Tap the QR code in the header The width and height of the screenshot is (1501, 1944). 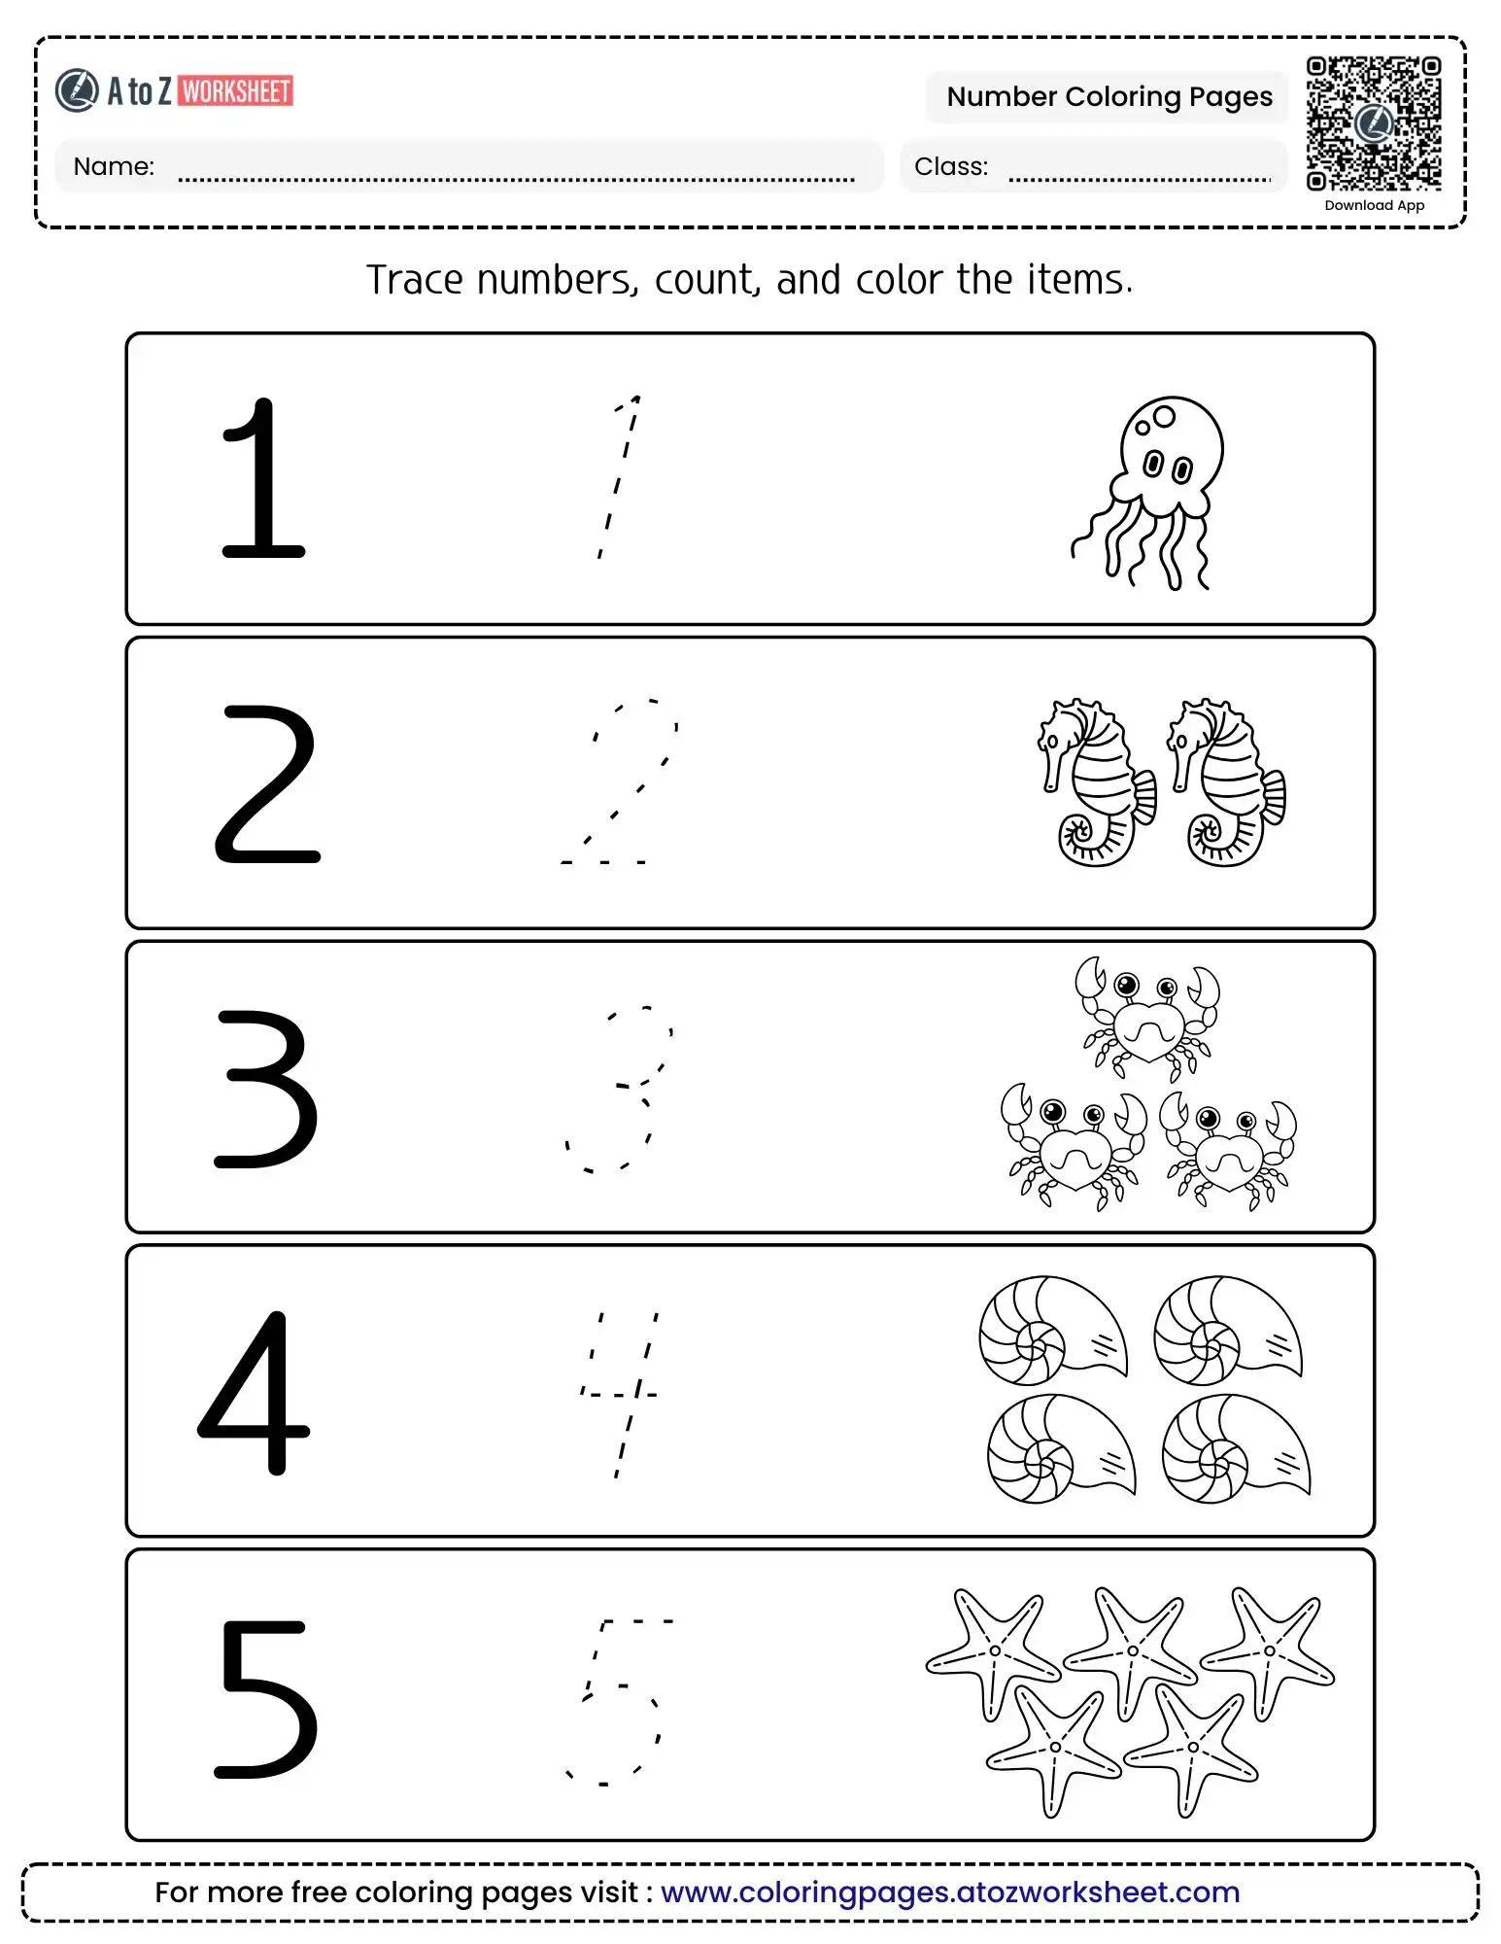1373,123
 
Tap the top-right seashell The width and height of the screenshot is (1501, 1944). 1227,1330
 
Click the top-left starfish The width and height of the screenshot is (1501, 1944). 992,1650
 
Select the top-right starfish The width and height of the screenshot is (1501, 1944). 1268,1649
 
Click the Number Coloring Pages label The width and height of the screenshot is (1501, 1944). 1109,97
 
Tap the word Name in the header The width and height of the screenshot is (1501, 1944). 114,166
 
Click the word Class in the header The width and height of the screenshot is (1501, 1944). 950,166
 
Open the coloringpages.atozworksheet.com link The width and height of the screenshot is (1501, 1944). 949,1892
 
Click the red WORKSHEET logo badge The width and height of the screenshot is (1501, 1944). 236,91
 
